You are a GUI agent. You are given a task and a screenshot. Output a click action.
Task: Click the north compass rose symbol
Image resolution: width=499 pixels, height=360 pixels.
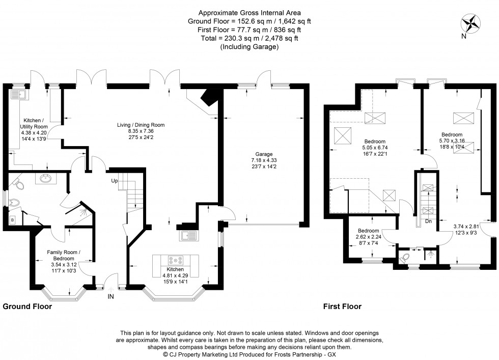pyautogui.click(x=471, y=23)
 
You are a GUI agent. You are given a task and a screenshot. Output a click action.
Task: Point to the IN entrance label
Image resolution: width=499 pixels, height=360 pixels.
pyautogui.click(x=111, y=296)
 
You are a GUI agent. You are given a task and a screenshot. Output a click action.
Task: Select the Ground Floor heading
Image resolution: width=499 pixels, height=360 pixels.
pyautogui.click(x=27, y=307)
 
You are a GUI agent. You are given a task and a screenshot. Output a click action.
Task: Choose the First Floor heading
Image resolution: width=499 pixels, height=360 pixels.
pyautogui.click(x=342, y=307)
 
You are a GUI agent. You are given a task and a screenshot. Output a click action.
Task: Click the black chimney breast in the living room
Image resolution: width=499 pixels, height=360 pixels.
pyautogui.click(x=208, y=96)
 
